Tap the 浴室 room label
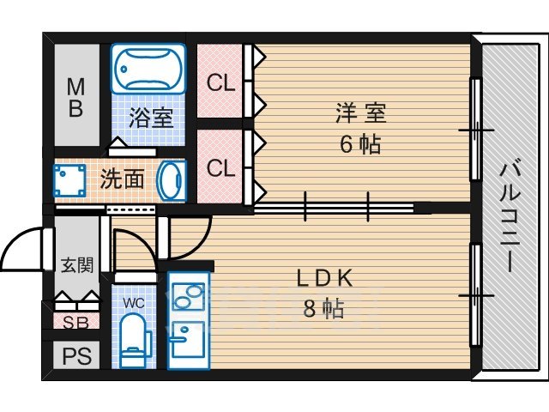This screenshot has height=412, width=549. [152, 118]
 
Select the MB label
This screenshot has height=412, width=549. [76, 97]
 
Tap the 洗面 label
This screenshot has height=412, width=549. [122, 181]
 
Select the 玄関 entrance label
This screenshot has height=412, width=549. [75, 264]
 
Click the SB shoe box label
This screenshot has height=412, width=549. [76, 322]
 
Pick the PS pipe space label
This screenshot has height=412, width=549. [76, 354]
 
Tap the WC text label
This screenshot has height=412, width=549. [133, 302]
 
